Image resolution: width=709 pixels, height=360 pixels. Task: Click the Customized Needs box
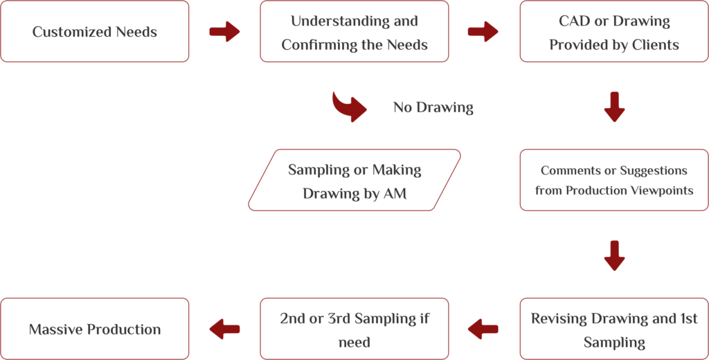95,32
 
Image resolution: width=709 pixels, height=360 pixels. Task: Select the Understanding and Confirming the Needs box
354,32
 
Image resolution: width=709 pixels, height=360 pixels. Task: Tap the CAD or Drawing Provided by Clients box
614,32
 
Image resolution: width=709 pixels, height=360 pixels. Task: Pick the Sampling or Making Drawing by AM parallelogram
354,180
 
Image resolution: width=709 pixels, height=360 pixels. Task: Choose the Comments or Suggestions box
614,180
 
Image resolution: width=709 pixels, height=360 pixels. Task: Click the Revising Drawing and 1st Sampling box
614,330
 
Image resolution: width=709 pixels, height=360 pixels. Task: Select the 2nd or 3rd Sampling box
354,330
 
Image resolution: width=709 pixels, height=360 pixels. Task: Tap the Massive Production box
95,330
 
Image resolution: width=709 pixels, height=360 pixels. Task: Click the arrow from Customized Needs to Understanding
224,32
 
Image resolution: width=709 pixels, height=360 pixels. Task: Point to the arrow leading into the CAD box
483,32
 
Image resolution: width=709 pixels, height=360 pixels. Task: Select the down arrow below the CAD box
614,106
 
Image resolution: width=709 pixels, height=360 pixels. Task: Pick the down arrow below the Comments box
614,255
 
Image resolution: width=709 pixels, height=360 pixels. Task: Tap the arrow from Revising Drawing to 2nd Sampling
483,330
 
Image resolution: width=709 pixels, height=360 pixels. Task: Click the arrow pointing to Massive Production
224,330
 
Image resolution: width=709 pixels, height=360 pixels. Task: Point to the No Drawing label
433,107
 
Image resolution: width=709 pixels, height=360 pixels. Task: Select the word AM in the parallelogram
395,194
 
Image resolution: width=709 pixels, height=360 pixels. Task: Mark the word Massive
55,330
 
